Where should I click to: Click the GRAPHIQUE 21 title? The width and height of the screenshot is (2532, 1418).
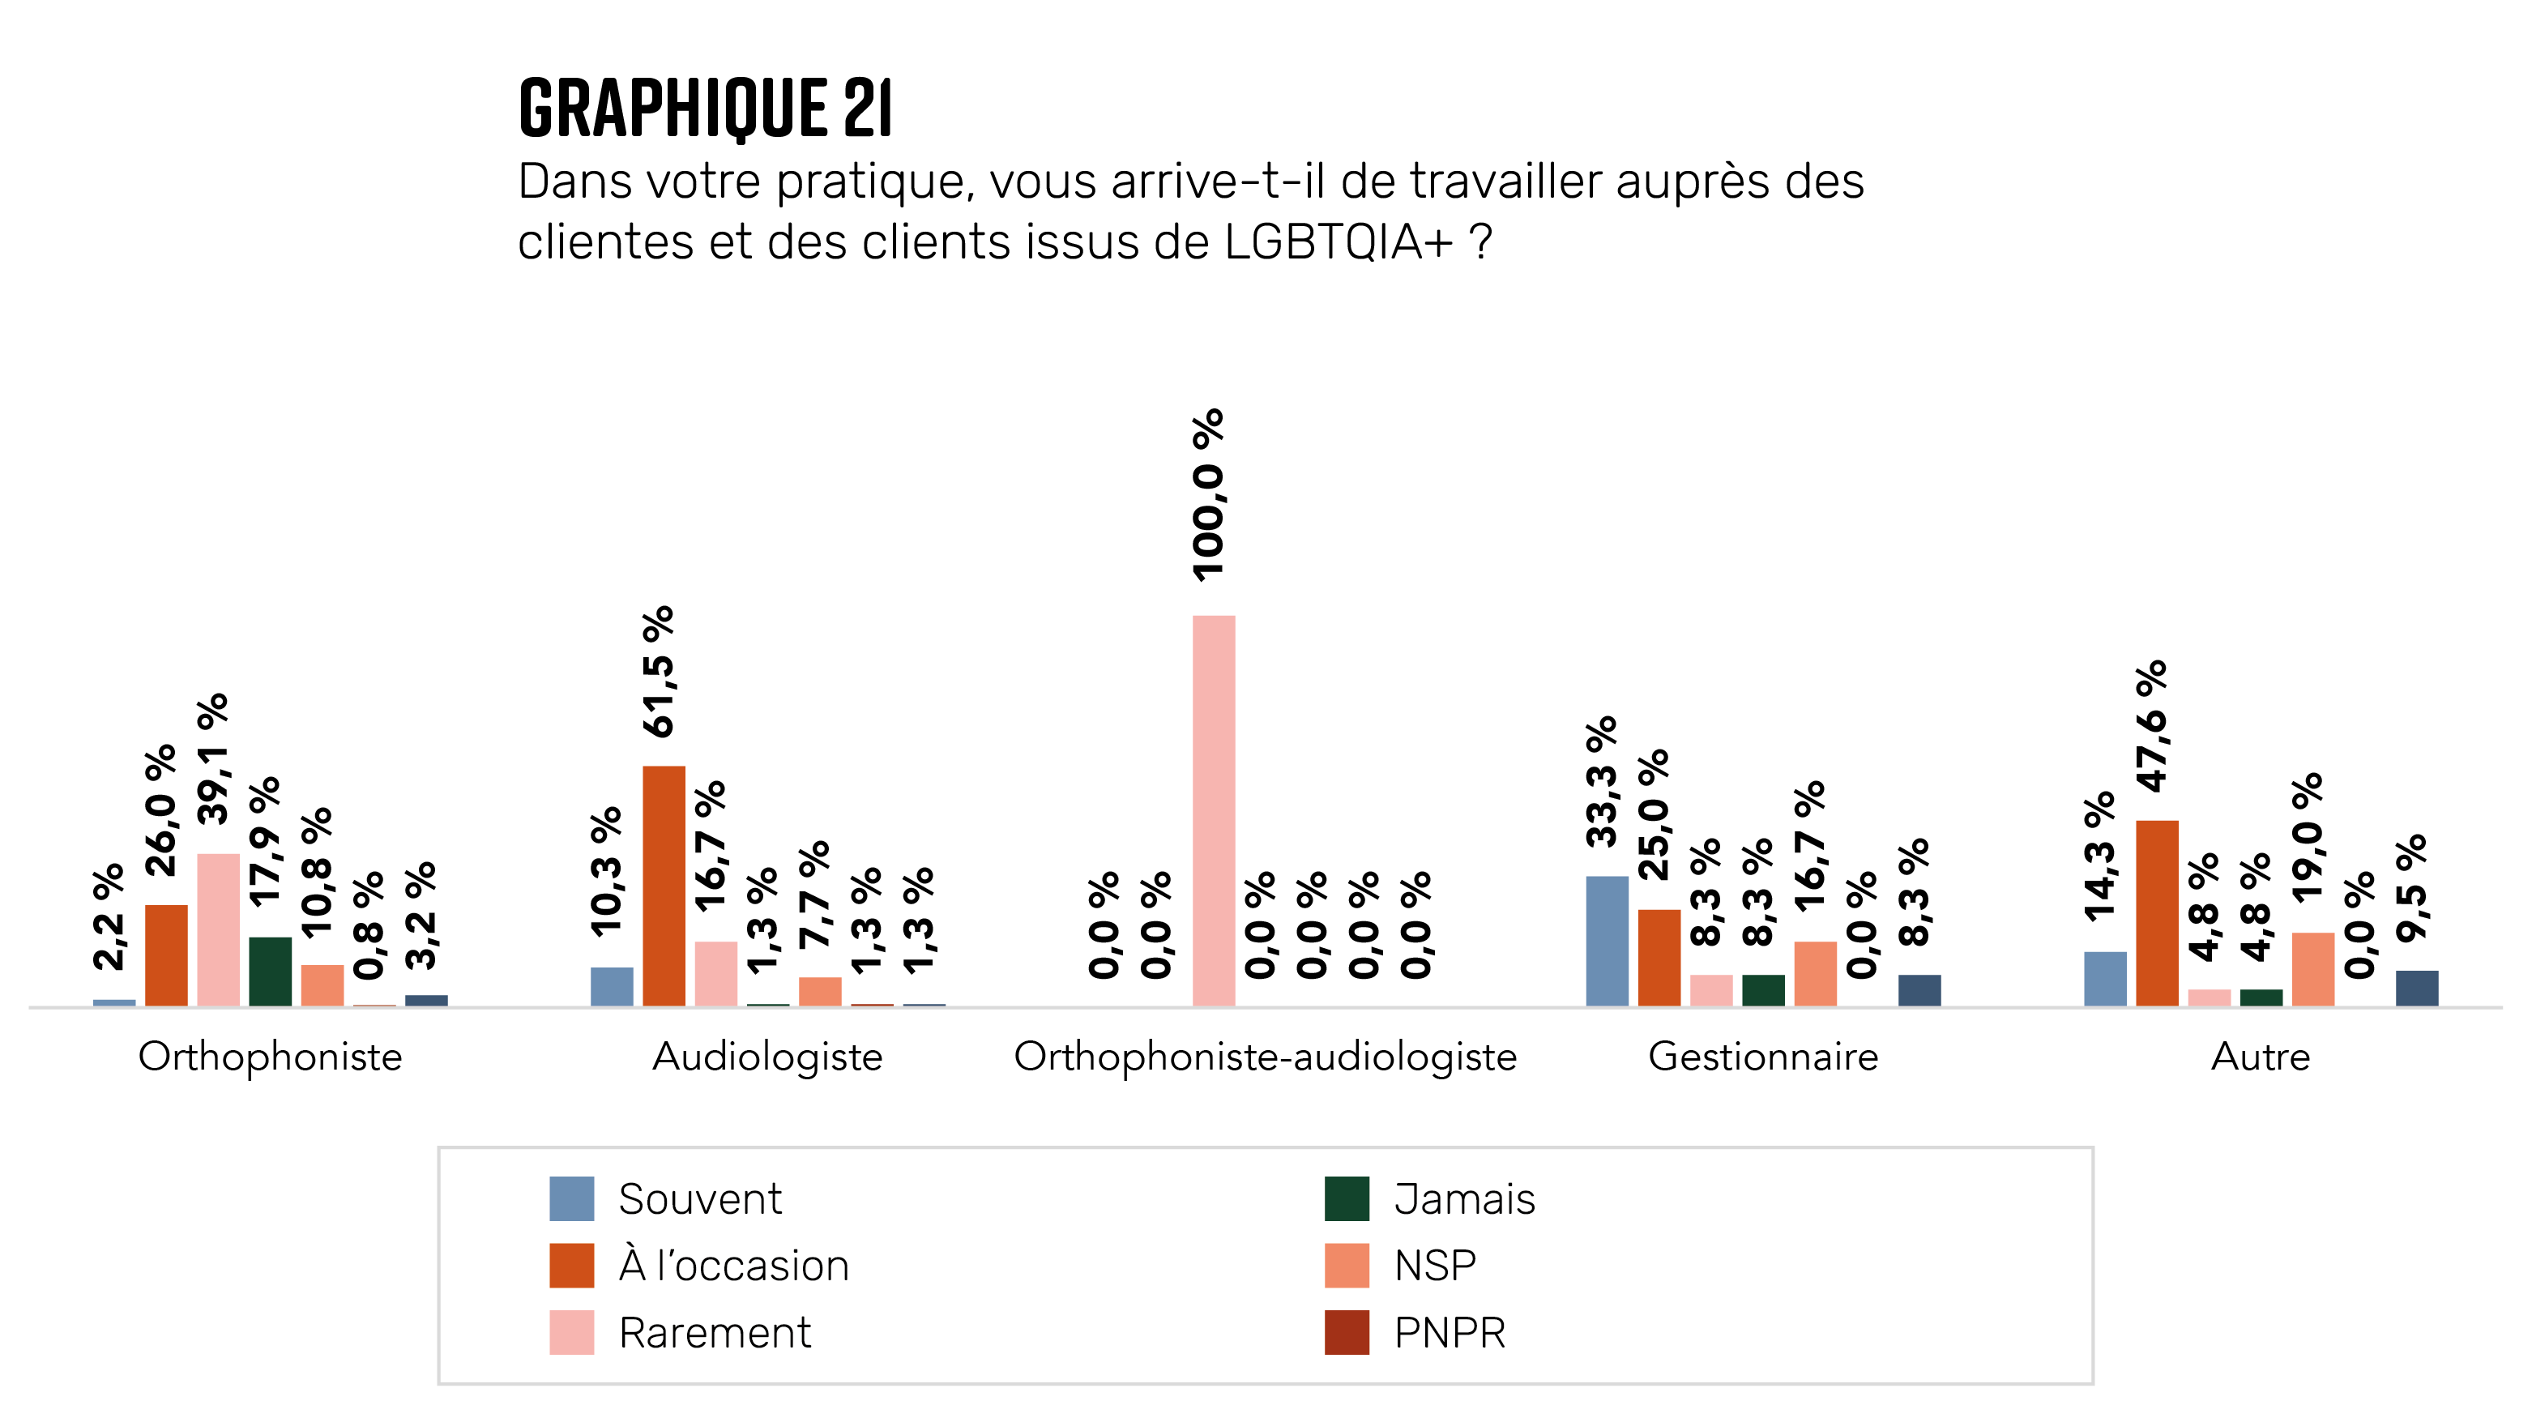[x=705, y=107]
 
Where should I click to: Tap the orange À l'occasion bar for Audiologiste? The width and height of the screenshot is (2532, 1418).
[x=664, y=884]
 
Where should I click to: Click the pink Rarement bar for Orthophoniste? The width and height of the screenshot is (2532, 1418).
[x=218, y=929]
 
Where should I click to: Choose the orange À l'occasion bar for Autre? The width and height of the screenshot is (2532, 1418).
[x=2157, y=912]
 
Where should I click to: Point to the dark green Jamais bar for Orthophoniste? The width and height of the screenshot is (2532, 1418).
[x=271, y=970]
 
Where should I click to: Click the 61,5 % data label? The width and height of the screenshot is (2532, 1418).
[x=659, y=671]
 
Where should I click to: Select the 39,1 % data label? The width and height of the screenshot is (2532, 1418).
[x=213, y=758]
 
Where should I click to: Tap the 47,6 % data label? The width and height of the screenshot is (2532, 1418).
[x=2152, y=726]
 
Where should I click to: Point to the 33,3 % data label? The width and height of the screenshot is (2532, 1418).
[x=1601, y=781]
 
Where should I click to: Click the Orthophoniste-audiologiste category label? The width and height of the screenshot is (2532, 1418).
[x=1265, y=1057]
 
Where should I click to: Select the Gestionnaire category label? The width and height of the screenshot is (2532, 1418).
[x=1762, y=1057]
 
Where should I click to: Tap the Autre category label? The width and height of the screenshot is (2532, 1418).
[x=2260, y=1057]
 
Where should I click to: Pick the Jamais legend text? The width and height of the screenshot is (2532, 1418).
[x=1463, y=1199]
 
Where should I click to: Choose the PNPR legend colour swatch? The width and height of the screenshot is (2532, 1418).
[x=1347, y=1331]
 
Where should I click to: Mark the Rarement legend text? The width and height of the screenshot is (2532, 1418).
[x=715, y=1332]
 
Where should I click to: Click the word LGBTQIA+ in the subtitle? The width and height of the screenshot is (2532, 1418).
[x=1338, y=241]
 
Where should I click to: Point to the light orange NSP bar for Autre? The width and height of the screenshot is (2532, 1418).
[x=2312, y=968]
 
